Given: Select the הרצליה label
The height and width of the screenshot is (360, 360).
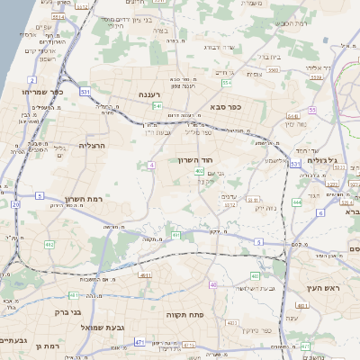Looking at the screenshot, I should coord(92,145).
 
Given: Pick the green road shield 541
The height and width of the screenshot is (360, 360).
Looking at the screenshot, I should coord(157,106).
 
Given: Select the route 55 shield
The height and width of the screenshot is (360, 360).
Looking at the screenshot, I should coord(311,110).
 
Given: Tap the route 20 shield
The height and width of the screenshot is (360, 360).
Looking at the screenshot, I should coord(15,204).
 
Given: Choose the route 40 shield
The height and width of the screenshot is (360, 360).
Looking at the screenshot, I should coord(212,284).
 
